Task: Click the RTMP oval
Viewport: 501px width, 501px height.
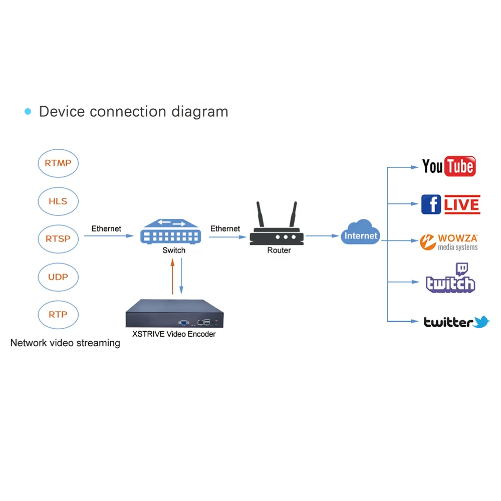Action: (58, 163)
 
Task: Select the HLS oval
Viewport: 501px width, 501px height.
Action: (58, 201)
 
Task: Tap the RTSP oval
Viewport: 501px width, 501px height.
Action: (58, 239)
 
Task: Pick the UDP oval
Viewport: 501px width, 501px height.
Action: (58, 277)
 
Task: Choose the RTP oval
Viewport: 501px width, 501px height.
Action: (58, 315)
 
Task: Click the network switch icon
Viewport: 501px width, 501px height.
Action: (174, 231)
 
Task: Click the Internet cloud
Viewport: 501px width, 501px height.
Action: (361, 234)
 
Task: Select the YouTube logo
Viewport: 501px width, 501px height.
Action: (448, 166)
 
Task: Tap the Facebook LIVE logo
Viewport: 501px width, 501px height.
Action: (450, 204)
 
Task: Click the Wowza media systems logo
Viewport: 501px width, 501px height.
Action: (449, 242)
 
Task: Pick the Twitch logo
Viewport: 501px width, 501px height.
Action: (450, 280)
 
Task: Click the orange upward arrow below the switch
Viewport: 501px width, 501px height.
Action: (172, 276)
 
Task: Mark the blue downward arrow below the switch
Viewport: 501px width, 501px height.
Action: (181, 276)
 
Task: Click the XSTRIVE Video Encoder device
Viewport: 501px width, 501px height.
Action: (173, 313)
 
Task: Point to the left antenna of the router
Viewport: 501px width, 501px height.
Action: (261, 215)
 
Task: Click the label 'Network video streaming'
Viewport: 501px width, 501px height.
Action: (65, 343)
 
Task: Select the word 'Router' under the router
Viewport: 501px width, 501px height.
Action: (279, 250)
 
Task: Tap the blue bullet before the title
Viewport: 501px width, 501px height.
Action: (28, 111)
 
